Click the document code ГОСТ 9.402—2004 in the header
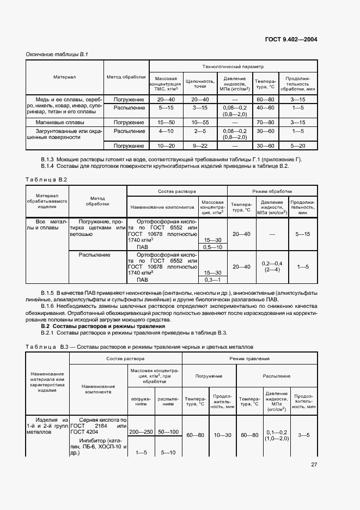(x=291, y=39)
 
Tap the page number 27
(x=314, y=465)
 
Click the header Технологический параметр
(x=233, y=66)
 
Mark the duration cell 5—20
(x=297, y=146)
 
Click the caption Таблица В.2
(x=46, y=179)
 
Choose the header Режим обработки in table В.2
(x=271, y=192)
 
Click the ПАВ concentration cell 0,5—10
(x=211, y=247)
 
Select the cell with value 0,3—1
(x=211, y=280)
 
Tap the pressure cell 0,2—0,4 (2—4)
(x=271, y=266)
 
